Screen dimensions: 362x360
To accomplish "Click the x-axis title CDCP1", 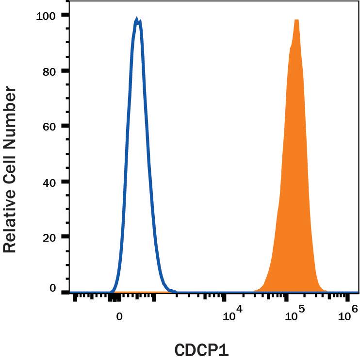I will click(201, 351).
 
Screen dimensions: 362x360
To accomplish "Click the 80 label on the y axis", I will click(49, 71).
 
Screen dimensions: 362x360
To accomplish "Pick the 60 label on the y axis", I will click(49, 126).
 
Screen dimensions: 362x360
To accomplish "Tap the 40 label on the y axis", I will click(49, 182).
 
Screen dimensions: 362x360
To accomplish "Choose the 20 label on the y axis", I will click(49, 237).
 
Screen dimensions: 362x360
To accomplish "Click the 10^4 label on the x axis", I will click(232, 316).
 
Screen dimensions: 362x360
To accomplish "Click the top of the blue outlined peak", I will click(137, 20).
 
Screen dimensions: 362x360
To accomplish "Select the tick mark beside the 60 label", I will click(65, 126).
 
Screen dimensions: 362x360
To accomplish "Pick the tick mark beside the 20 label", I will click(65, 237).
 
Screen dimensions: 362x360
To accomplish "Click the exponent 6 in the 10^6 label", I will click(354, 309).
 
